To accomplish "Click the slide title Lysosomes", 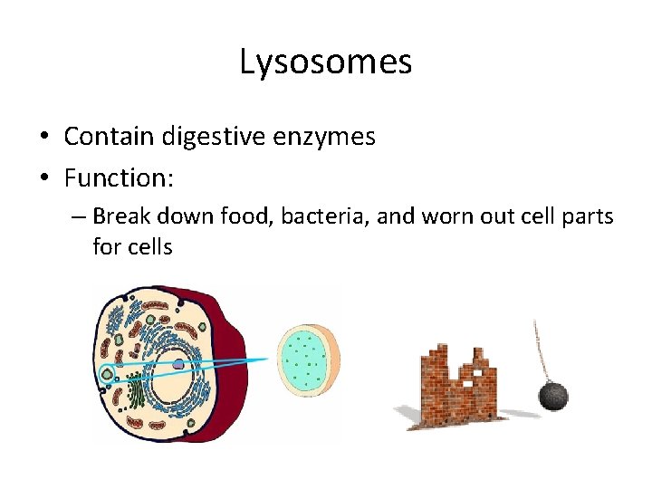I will [x=326, y=62].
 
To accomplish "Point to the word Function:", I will [x=118, y=177].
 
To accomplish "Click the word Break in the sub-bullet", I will [x=120, y=216].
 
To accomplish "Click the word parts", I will [x=586, y=216].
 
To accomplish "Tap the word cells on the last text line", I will [x=151, y=245].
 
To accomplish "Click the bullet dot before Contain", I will [x=44, y=137].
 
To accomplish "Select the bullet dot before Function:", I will [x=44, y=178].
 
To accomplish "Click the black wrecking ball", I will [x=553, y=396].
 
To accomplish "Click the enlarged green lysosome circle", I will [x=307, y=360].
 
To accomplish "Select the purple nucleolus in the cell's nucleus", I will [x=179, y=364].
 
